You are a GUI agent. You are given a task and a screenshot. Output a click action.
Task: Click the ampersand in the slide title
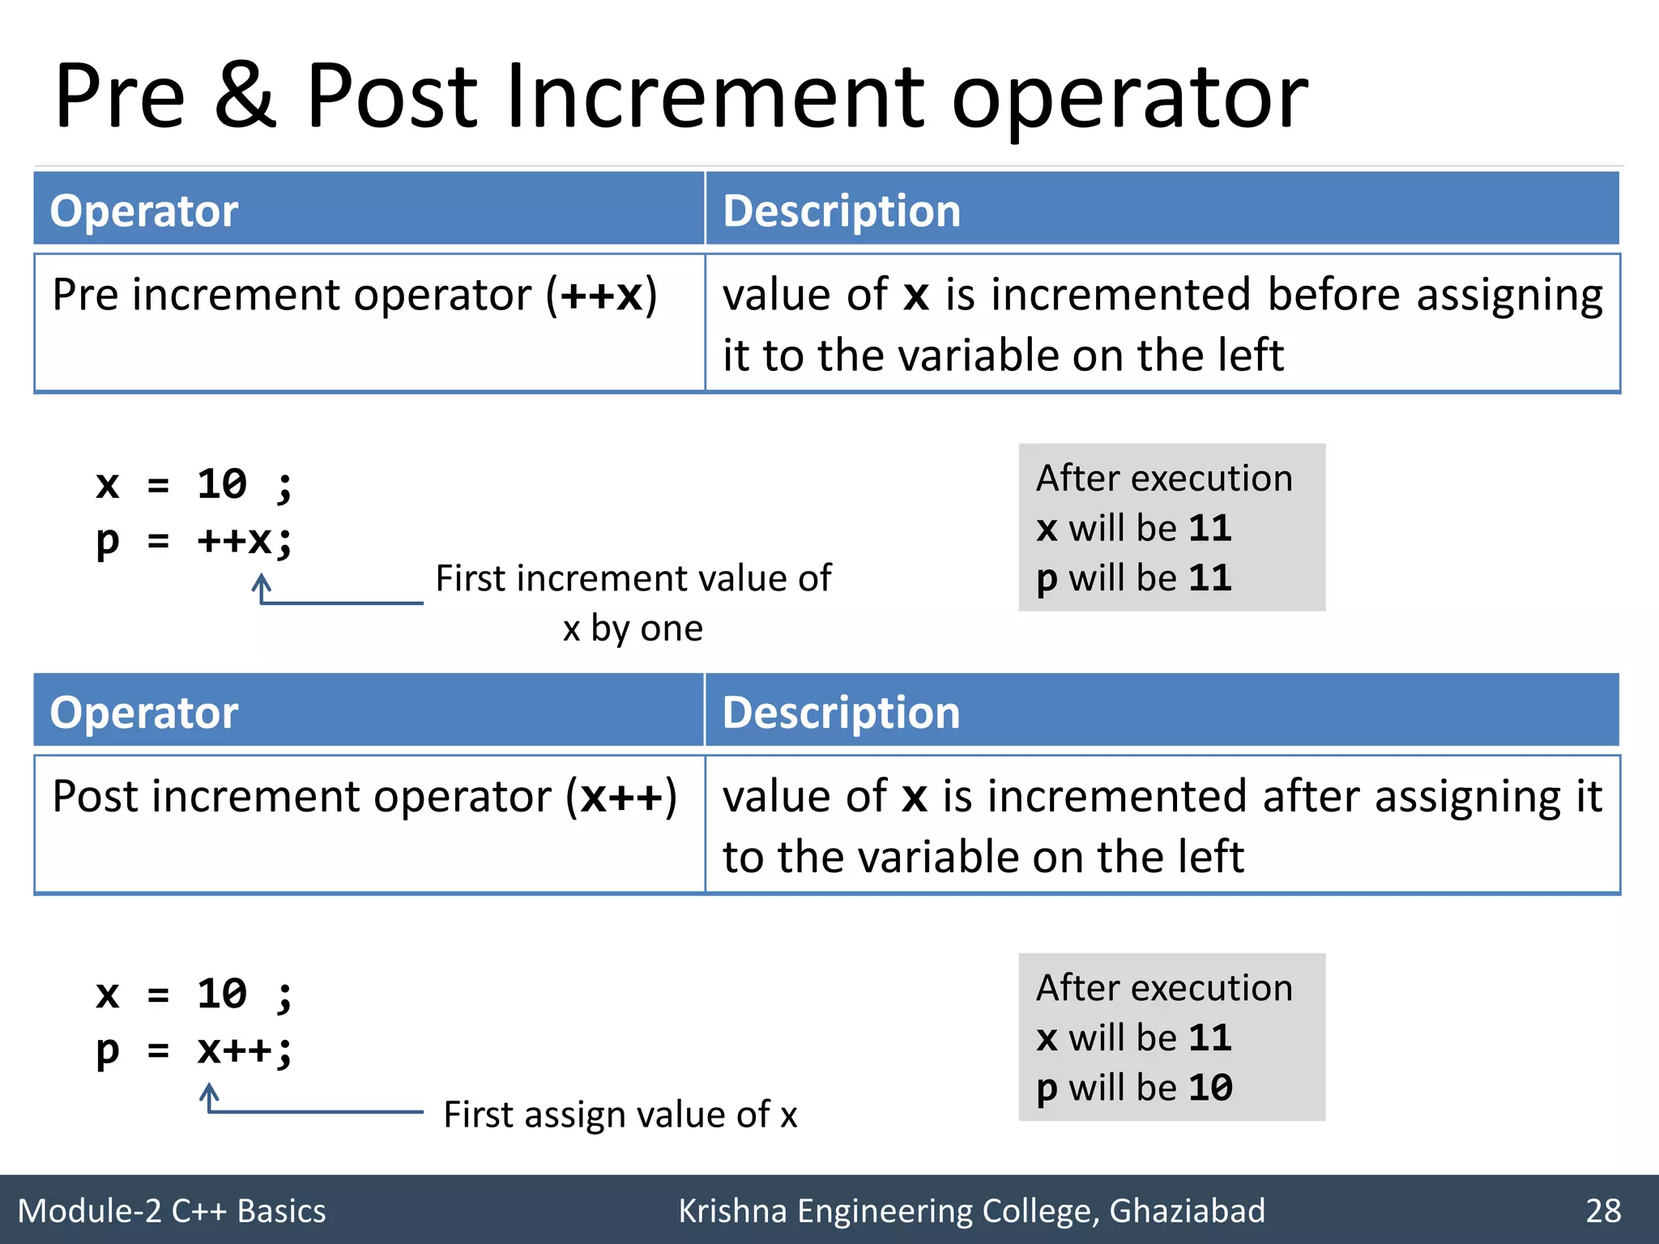pos(245,97)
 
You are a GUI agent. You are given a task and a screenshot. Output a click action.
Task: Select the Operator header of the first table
pos(144,211)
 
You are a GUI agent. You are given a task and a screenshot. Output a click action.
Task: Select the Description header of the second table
pos(841,713)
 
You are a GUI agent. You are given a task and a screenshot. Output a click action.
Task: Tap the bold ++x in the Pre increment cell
pos(602,295)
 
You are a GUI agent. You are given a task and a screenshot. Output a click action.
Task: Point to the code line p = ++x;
pos(194,540)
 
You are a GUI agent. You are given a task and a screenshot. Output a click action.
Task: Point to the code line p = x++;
pos(194,1050)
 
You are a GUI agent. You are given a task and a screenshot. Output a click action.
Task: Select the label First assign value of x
pos(621,1114)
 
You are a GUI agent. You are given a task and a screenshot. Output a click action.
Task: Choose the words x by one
pos(633,628)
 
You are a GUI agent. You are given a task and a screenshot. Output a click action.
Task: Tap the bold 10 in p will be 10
pos(1210,1088)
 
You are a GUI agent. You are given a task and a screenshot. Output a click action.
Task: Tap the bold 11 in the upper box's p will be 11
pos(1210,578)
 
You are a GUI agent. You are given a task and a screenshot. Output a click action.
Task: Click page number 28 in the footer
pos(1603,1211)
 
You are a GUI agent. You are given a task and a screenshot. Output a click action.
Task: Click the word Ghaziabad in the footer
pos(1187,1211)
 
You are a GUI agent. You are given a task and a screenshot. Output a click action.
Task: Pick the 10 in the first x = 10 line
pos(221,484)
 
